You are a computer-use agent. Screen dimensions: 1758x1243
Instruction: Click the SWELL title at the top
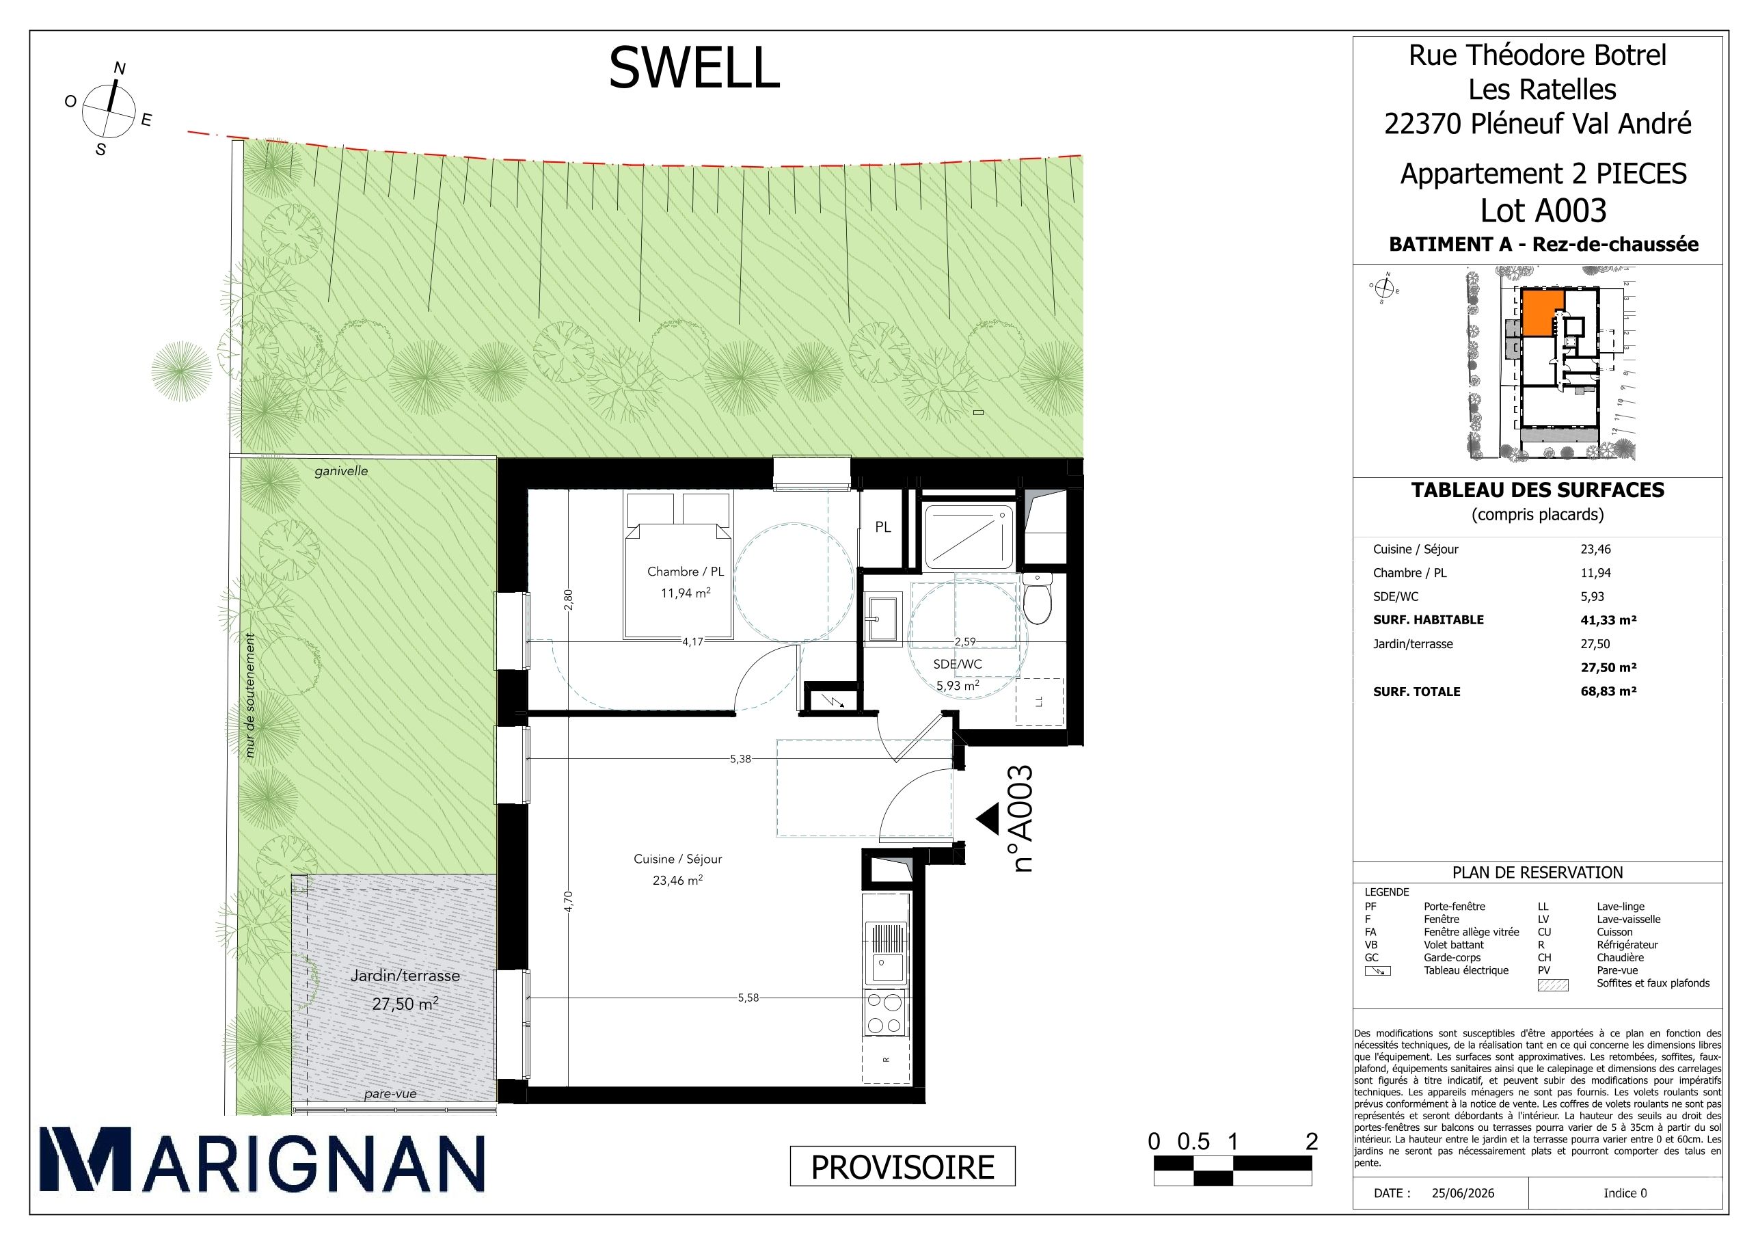(694, 68)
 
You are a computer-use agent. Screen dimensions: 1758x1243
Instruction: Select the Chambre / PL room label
(686, 572)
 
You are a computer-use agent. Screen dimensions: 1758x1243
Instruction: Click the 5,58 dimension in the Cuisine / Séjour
(748, 998)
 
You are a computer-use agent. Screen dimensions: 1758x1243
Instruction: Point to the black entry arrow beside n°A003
(988, 818)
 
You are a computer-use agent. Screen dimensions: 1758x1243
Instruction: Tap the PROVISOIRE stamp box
(902, 1167)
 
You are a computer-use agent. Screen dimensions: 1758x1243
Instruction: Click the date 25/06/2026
(1463, 1193)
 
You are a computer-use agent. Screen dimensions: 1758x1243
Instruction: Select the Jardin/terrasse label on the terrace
(405, 976)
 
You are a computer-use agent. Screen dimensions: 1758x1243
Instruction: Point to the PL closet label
(883, 527)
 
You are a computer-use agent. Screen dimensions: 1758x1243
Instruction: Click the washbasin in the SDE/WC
(884, 617)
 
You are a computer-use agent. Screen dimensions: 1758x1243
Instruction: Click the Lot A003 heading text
(1543, 211)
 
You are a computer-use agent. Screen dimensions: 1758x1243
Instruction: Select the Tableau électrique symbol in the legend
(1377, 971)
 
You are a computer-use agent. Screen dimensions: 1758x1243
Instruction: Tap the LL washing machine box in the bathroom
(1039, 701)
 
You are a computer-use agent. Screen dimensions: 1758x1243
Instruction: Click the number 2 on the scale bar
(1312, 1142)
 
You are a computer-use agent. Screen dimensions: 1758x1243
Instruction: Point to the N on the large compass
(120, 68)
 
